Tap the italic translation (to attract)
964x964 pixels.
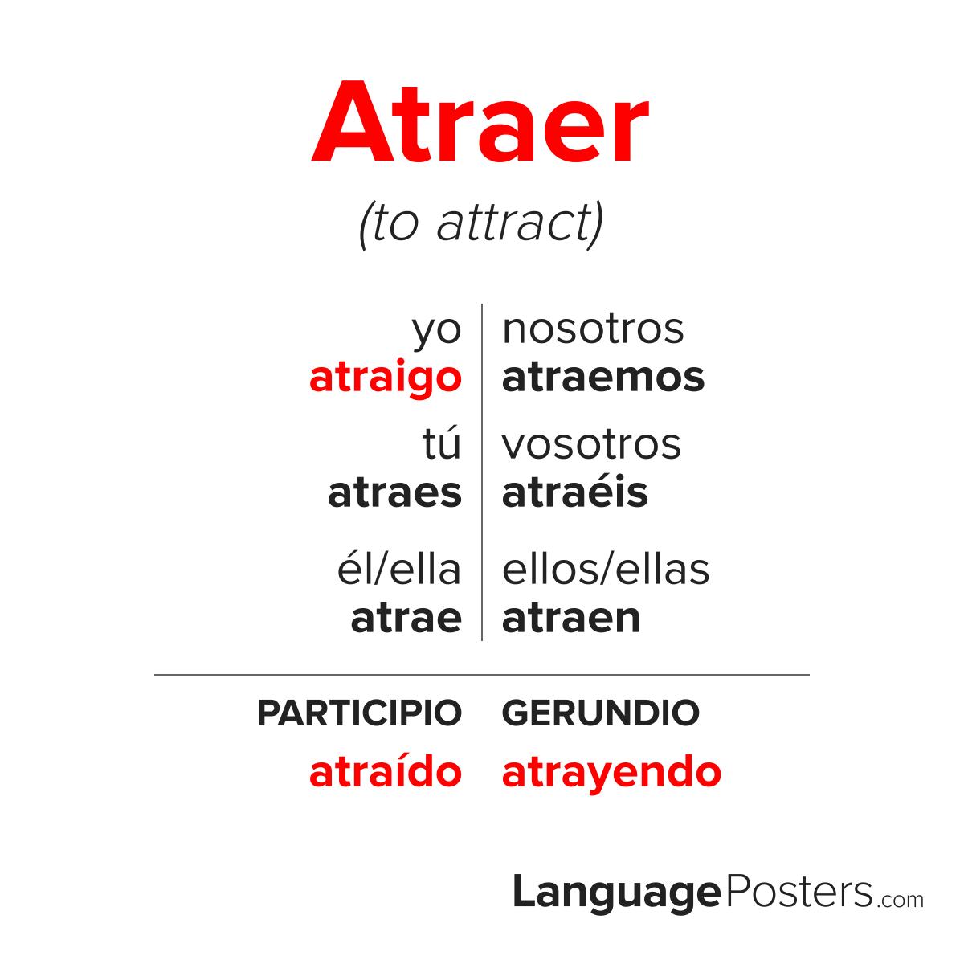click(x=481, y=225)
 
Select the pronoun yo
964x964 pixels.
click(x=436, y=332)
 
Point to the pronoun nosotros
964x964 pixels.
click(x=593, y=329)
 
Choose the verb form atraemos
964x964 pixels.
click(x=603, y=378)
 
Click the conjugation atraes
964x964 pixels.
click(x=394, y=493)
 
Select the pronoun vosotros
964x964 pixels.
click(x=591, y=444)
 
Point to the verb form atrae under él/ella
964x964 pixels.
click(x=406, y=619)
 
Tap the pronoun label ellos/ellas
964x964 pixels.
click(x=606, y=569)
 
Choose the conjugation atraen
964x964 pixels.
click(x=571, y=619)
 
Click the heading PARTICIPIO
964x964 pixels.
click(x=360, y=713)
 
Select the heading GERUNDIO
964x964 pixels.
click(x=600, y=713)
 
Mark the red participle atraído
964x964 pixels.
click(x=386, y=771)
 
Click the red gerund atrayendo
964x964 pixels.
click(x=611, y=774)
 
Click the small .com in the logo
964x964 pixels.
click(x=900, y=900)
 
